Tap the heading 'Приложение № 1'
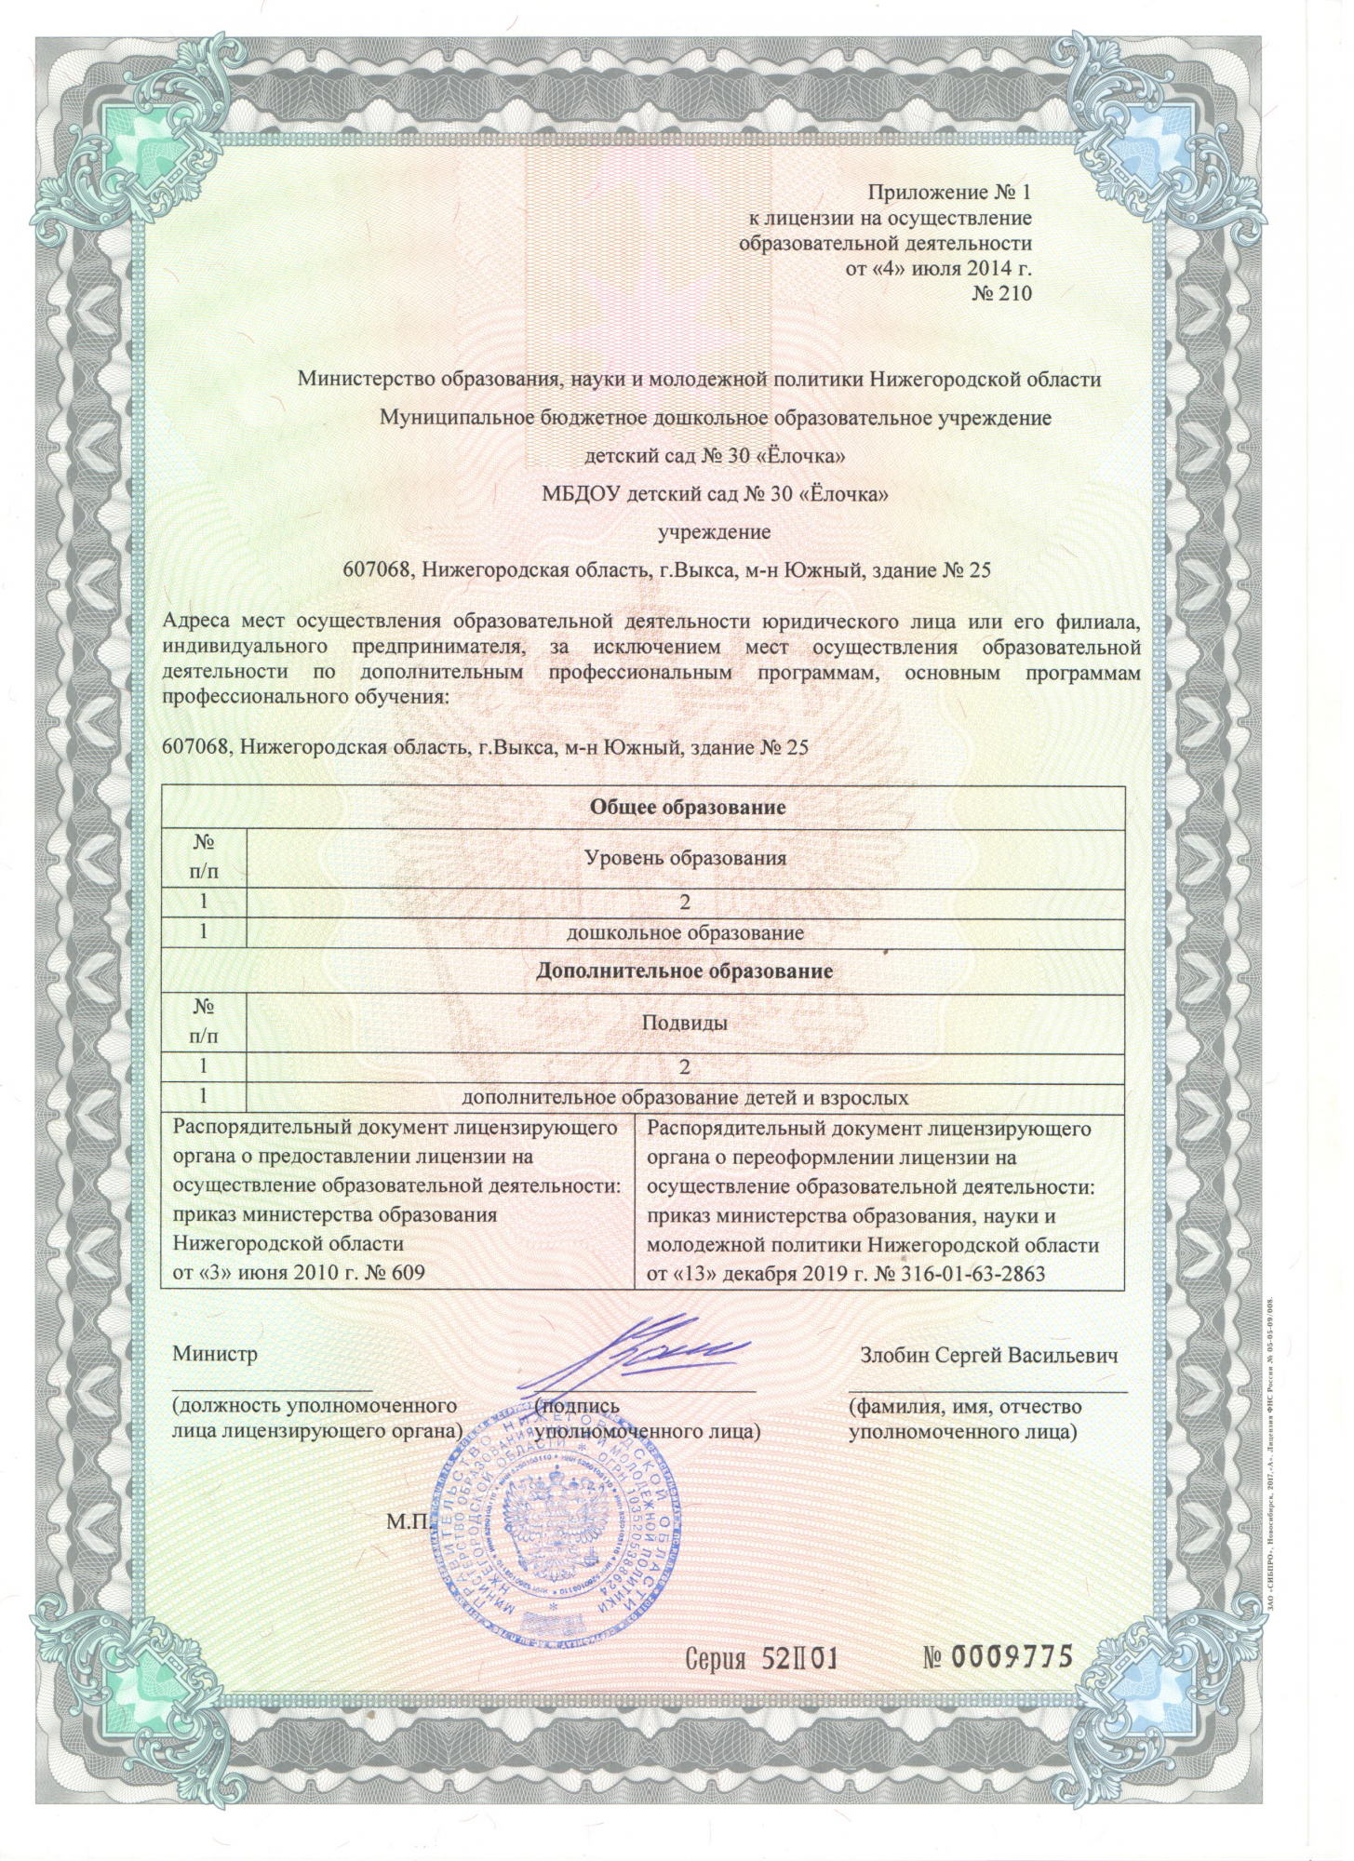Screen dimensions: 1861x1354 pos(949,193)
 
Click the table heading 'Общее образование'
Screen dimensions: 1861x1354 pos(687,807)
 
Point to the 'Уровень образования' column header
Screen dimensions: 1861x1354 pos(685,857)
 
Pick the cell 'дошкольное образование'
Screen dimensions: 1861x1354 pos(685,932)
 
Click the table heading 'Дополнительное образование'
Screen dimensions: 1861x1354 pos(685,971)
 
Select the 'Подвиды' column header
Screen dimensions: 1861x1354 pos(685,1023)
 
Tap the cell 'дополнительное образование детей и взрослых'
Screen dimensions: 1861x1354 pos(685,1098)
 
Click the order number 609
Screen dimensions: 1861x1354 pos(405,1272)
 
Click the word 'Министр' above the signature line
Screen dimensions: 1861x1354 pos(215,1355)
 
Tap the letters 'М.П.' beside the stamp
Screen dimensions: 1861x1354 pos(408,1522)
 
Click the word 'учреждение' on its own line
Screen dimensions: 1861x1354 pos(715,532)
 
